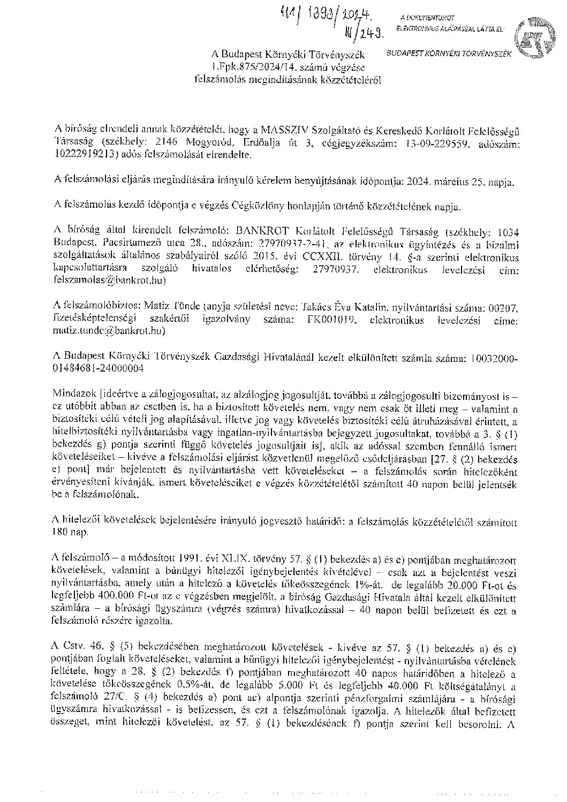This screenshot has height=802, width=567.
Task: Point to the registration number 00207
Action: [x=506, y=307]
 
